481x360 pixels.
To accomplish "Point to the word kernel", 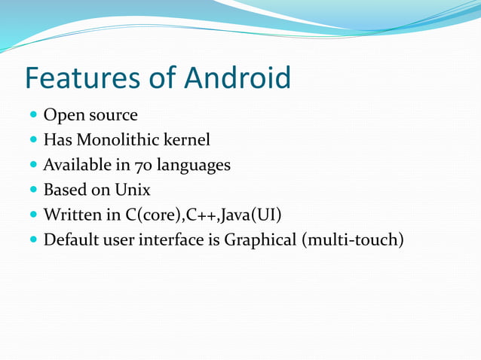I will click(x=188, y=139).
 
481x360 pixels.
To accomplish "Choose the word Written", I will click(x=73, y=215).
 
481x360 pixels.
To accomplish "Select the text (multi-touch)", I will click(x=353, y=241).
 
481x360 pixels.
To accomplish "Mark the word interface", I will click(x=174, y=241).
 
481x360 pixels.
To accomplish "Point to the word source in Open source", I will click(x=112, y=115).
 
